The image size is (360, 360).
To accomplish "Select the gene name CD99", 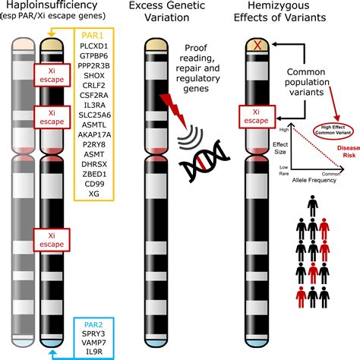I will point(96,184).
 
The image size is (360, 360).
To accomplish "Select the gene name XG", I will point(96,194).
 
